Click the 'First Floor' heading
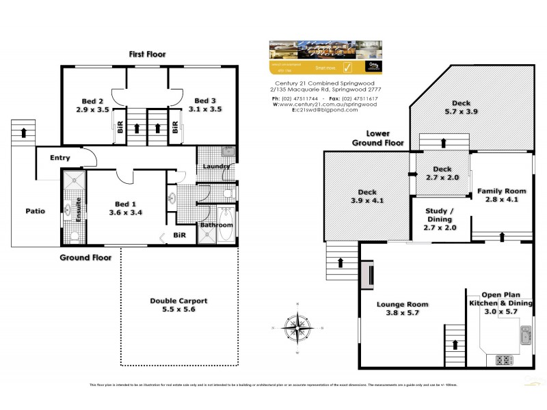pyautogui.click(x=148, y=53)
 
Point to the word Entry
pyautogui.click(x=60, y=158)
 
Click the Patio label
pyautogui.click(x=36, y=210)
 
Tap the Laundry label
pyautogui.click(x=215, y=166)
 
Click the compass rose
pyautogui.click(x=298, y=329)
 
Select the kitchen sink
pyautogui.click(x=525, y=334)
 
